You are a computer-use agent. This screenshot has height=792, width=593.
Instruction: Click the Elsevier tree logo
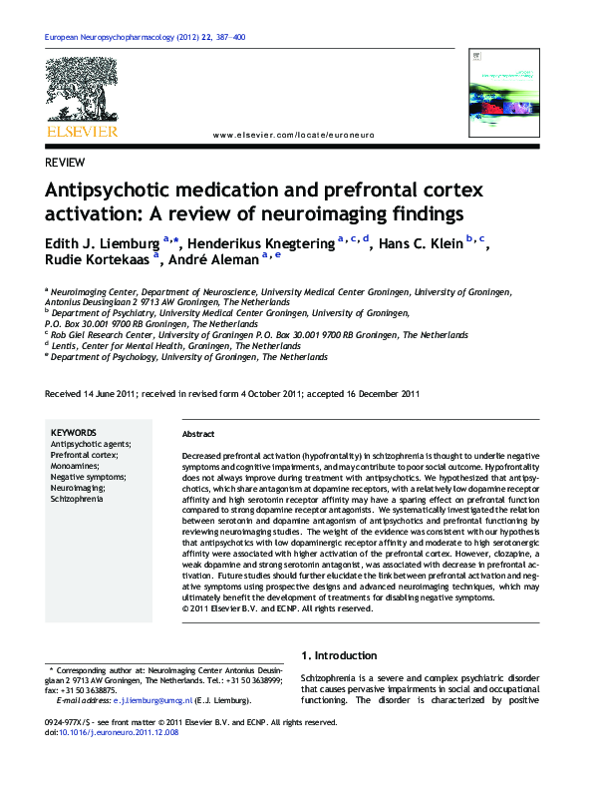(x=81, y=90)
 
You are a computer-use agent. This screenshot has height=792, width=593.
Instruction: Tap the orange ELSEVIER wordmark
(x=81, y=131)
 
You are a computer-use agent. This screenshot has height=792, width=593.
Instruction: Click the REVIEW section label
(x=65, y=163)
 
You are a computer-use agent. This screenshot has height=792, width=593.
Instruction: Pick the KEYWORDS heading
(x=73, y=433)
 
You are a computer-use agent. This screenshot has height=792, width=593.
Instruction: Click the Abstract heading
(x=199, y=435)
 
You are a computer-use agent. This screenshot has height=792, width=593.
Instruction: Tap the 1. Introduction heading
(x=339, y=655)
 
